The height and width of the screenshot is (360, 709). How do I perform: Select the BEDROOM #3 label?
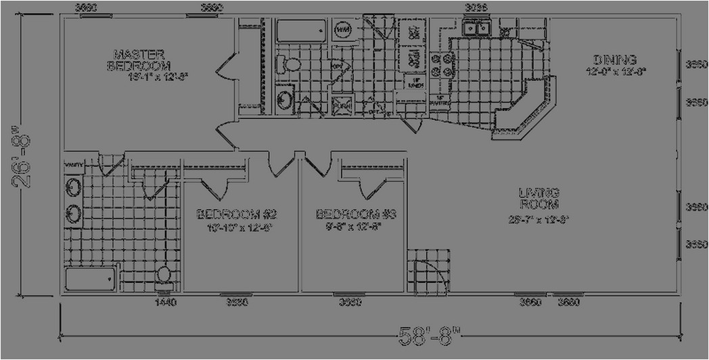(355, 215)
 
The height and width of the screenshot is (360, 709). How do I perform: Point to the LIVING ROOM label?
(539, 198)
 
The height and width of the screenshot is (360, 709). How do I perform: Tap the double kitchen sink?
(477, 28)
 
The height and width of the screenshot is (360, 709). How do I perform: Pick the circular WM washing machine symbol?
(343, 30)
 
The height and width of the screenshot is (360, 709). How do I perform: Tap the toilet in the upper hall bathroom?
(292, 65)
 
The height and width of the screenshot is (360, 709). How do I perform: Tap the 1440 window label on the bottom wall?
(165, 302)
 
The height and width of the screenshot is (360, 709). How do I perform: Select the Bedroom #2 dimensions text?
(229, 228)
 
